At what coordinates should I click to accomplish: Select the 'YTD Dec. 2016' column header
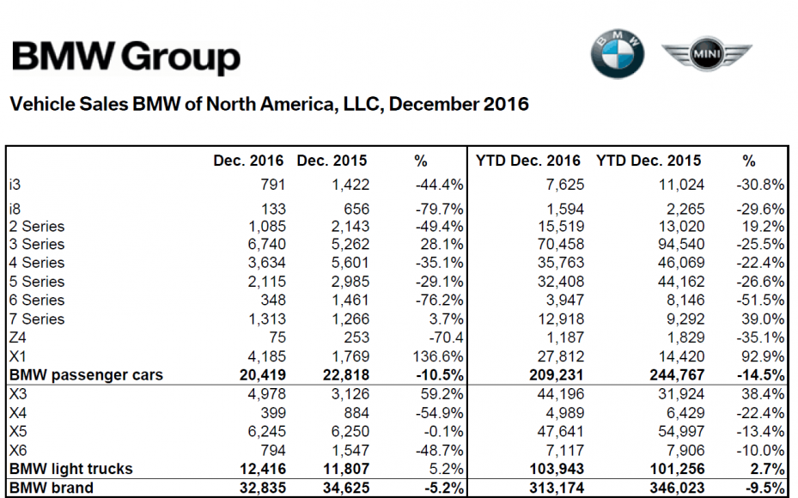(528, 161)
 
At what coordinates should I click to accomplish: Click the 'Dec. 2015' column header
(332, 161)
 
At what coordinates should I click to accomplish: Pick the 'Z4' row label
(19, 337)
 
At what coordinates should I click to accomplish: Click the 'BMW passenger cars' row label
(86, 374)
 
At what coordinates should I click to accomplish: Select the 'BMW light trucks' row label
(70, 468)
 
